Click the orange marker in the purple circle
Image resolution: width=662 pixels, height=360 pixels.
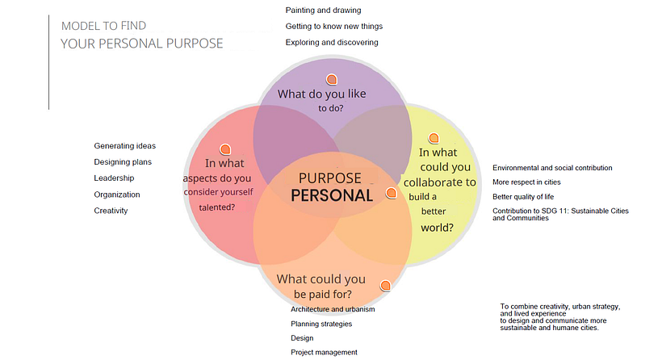coord(332,79)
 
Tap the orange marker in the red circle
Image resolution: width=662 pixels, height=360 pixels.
coord(225,149)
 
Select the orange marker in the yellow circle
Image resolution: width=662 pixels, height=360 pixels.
coord(434,137)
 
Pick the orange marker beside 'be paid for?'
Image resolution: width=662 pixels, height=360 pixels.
coord(385,286)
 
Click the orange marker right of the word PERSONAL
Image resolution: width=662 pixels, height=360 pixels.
coord(392,193)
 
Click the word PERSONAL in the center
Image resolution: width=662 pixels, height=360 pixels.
coord(332,195)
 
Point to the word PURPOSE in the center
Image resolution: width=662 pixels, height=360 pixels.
coord(329,178)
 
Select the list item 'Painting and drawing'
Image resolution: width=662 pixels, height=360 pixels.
coord(324,10)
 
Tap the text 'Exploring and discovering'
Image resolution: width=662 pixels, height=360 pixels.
coord(332,42)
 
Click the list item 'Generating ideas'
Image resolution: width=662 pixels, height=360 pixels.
coord(125,146)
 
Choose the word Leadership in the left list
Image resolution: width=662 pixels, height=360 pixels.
coord(114,178)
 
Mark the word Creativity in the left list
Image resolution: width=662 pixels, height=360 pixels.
coord(111,211)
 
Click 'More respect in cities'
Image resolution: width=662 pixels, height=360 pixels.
coord(526,182)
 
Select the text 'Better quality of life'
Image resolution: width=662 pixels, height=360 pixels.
coord(523,197)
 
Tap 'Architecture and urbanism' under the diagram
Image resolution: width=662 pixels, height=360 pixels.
coord(333,309)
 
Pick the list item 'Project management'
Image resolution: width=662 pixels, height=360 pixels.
coord(324,353)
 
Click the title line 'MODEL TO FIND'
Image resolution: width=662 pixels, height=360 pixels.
coord(104,26)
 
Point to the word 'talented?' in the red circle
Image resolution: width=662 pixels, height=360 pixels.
coord(217,207)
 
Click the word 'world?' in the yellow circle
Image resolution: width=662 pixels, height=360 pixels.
coord(437,228)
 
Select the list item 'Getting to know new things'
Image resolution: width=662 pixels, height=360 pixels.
coord(334,26)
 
